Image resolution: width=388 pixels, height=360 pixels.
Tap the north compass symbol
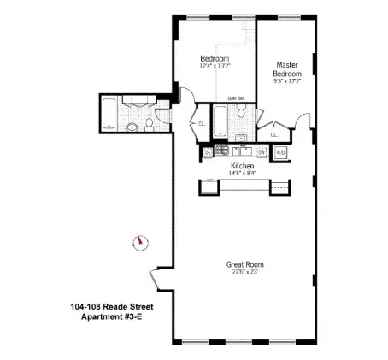point(138,241)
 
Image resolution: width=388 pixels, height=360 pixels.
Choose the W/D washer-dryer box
point(283,152)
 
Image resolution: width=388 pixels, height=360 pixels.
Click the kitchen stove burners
point(224,153)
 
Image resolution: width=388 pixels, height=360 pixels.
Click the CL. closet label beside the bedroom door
point(201,123)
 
